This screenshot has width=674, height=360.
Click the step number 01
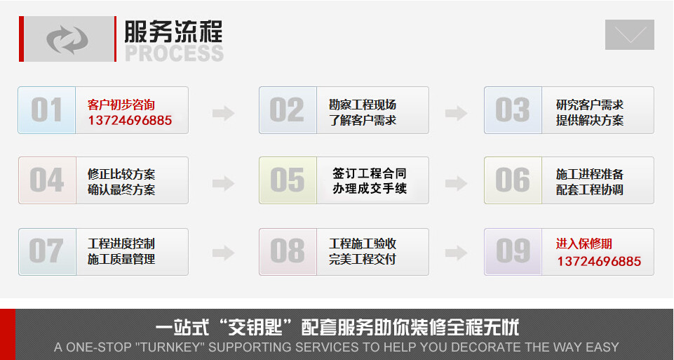(46, 110)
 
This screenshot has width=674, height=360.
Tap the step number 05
(288, 180)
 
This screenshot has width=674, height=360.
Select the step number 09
(513, 251)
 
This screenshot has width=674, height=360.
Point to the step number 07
(46, 251)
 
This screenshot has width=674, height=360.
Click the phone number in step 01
(130, 121)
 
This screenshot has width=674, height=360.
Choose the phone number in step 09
(599, 262)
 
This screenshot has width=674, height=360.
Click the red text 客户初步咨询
(121, 105)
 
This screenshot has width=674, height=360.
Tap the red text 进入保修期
(584, 244)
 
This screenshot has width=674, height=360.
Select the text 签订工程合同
(370, 173)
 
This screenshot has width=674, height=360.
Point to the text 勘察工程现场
(363, 105)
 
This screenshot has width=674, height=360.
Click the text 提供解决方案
(590, 120)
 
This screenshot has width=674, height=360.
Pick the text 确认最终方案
(121, 189)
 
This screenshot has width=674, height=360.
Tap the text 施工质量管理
(121, 259)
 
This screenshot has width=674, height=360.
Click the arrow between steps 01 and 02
(223, 112)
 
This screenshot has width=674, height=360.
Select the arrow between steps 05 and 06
(456, 183)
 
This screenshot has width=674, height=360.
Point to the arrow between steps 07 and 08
(223, 253)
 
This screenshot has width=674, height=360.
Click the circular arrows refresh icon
(67, 39)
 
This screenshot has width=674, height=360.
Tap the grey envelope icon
(629, 34)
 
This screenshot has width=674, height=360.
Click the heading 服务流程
(173, 32)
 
